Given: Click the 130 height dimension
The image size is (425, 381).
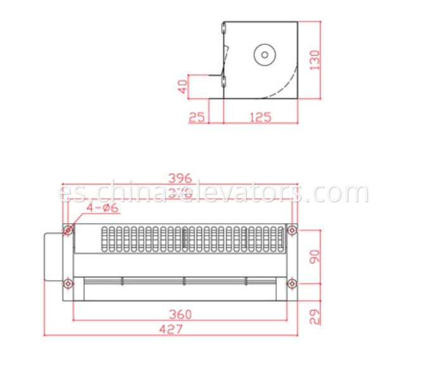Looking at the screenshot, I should pos(315,60).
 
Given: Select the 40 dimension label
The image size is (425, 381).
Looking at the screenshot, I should pos(184,87).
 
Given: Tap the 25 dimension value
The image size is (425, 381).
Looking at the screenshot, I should pos(197,117).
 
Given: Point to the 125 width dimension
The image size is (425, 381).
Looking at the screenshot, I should pos(260,117).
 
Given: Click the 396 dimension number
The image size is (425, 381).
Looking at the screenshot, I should pos(181,179).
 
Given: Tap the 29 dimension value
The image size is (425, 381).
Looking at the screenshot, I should pos(315,316).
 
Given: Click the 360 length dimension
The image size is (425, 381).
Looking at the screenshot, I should pos(181,313).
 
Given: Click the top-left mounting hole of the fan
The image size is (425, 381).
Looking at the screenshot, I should pos(68,229).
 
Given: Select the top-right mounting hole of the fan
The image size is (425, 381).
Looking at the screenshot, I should pos(291,229).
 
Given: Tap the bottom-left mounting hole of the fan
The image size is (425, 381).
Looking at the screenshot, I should pos(68,282).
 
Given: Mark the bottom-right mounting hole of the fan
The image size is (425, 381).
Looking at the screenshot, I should pos(291,282).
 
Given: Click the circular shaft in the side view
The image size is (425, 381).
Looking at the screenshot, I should pos(263,55).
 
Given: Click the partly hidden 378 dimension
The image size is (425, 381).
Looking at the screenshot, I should pos(181,192).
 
